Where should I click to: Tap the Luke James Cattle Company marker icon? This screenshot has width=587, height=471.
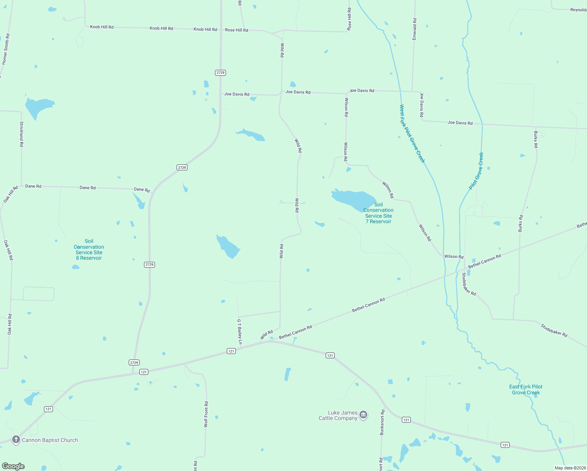(x=363, y=415)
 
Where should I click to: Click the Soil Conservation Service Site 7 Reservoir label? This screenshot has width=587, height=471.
(x=378, y=213)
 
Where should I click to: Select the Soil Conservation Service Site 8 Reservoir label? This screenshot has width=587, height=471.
(x=89, y=250)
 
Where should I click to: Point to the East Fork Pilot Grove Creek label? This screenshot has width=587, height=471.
(x=526, y=390)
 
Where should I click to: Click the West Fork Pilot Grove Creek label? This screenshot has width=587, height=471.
(x=412, y=133)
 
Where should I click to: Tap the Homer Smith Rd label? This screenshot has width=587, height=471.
(x=5, y=49)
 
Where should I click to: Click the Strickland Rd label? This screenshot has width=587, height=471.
(x=22, y=134)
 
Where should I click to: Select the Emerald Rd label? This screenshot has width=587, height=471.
(x=414, y=29)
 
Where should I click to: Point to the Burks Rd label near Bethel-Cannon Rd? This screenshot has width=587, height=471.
(x=520, y=223)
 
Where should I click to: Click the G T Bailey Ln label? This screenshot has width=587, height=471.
(x=239, y=332)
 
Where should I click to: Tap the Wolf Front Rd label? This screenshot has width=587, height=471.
(x=206, y=414)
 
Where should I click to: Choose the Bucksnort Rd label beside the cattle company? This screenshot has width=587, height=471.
(x=382, y=422)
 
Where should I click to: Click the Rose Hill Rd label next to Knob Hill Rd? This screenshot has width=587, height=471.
(x=236, y=30)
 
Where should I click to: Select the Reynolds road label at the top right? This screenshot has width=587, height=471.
(x=578, y=10)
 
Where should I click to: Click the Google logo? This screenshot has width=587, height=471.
(x=13, y=466)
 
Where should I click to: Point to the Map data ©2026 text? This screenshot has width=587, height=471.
(x=570, y=468)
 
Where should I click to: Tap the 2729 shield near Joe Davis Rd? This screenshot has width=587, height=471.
(x=221, y=73)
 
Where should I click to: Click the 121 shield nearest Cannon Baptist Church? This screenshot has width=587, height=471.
(x=48, y=409)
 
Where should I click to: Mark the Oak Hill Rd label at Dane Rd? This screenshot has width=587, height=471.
(x=11, y=194)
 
